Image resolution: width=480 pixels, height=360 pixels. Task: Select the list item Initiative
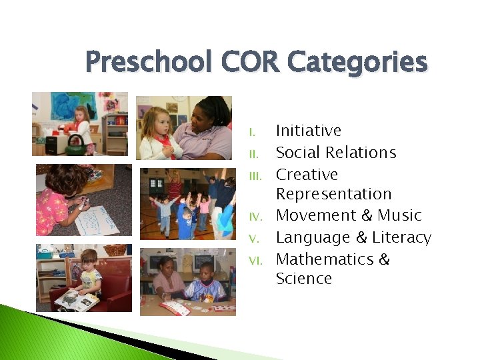pos(308,131)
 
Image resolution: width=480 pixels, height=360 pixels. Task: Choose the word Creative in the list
pos(307,175)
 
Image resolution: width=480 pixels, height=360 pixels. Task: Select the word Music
pos(399,215)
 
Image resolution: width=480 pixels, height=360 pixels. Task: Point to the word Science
pos(303,279)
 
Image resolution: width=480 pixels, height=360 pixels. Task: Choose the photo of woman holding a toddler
pos(184,127)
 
